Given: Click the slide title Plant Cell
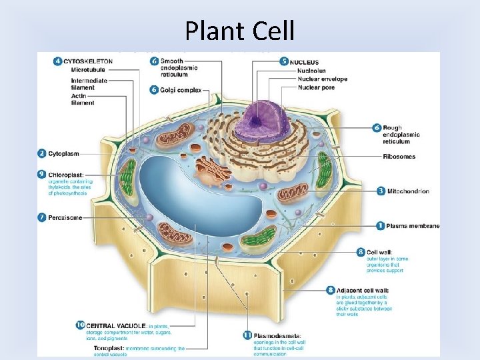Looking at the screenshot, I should [x=240, y=31].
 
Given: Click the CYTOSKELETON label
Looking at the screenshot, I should [x=89, y=61].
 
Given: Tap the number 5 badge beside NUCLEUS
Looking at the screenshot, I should [x=284, y=61].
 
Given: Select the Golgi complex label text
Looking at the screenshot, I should [x=180, y=90].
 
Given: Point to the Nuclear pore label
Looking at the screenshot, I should [x=317, y=87].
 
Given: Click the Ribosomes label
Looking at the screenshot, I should [x=399, y=157].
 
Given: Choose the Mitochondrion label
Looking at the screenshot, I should [x=407, y=191].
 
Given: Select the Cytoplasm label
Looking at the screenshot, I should [x=65, y=153].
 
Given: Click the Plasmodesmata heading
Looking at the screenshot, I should [x=277, y=335].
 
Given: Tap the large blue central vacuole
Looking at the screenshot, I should [x=193, y=193].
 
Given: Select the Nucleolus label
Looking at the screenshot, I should [x=312, y=71].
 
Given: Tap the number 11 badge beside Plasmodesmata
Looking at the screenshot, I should [x=247, y=335].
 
